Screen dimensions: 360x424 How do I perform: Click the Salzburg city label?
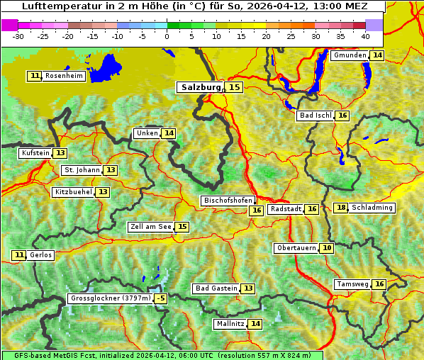click(200, 87)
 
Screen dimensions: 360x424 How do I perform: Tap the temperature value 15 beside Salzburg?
click(234, 87)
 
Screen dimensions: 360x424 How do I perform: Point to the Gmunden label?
click(350, 55)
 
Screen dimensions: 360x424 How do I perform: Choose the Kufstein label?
click(35, 153)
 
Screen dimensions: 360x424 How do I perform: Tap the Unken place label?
click(147, 133)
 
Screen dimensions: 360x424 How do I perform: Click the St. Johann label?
click(82, 170)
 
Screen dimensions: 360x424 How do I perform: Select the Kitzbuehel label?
click(73, 192)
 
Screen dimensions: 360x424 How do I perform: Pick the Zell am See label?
click(151, 227)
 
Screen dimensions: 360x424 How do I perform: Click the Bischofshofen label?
click(228, 201)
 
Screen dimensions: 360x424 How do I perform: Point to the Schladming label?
click(372, 208)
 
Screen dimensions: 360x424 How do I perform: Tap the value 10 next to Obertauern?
click(326, 248)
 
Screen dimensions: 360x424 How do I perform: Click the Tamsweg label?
click(352, 284)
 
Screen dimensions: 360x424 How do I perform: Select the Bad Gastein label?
click(216, 288)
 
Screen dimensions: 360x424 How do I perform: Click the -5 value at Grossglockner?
click(161, 298)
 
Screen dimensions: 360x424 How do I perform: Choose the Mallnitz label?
click(230, 324)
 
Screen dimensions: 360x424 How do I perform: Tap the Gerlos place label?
click(40, 255)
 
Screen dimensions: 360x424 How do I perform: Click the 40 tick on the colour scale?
click(364, 35)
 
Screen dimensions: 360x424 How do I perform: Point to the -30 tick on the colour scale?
click(19, 35)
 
